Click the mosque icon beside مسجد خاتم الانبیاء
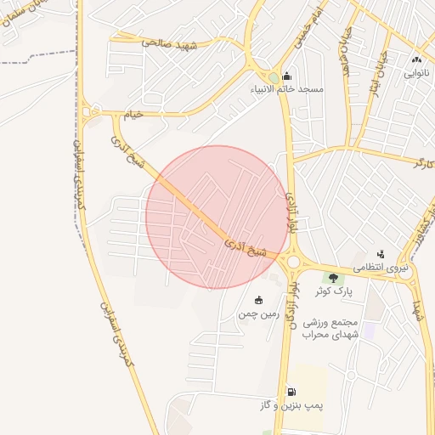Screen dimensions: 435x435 coord(285,74)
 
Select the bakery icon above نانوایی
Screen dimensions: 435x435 coord(416,59)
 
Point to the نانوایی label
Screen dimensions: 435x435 coord(416,72)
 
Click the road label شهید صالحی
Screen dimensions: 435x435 coord(169,41)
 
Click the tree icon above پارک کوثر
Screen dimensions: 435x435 coord(333,277)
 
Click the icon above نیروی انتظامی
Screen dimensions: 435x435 coord(381,253)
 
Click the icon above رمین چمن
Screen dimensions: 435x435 coord(258,300)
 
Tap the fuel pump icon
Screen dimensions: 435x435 coord(291,393)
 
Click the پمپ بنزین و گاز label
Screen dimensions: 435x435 coord(291,407)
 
